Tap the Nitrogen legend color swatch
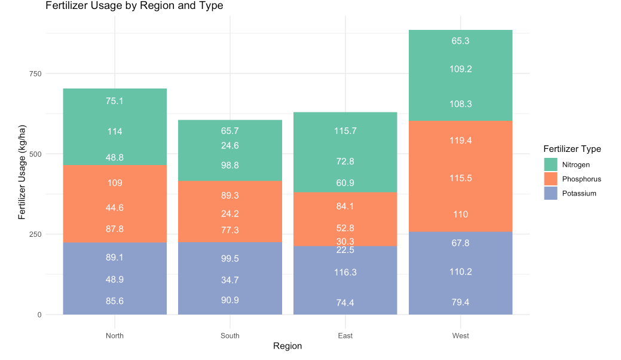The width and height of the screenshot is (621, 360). [550, 164]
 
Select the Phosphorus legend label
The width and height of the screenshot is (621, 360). [582, 179]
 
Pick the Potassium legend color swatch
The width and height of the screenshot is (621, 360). [550, 193]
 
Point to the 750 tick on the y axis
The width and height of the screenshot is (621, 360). [33, 74]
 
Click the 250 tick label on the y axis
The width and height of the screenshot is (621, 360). [33, 234]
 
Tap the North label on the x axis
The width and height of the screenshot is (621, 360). [115, 335]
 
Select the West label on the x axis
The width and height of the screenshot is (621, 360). [460, 335]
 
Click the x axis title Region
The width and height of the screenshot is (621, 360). [287, 346]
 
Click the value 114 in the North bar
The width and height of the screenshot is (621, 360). [115, 132]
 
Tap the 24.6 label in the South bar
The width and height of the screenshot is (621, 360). [230, 145]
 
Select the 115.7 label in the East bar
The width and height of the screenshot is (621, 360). [345, 131]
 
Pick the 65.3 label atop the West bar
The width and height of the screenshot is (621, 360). [460, 41]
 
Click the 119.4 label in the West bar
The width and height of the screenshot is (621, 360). [460, 141]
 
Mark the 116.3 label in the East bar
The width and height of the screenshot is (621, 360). [345, 272]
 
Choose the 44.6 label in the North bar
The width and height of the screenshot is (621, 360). [115, 208]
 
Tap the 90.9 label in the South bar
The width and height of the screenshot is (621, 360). [230, 300]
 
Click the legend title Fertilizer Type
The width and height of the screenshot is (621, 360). [572, 149]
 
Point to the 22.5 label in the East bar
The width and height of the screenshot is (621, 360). [345, 251]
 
